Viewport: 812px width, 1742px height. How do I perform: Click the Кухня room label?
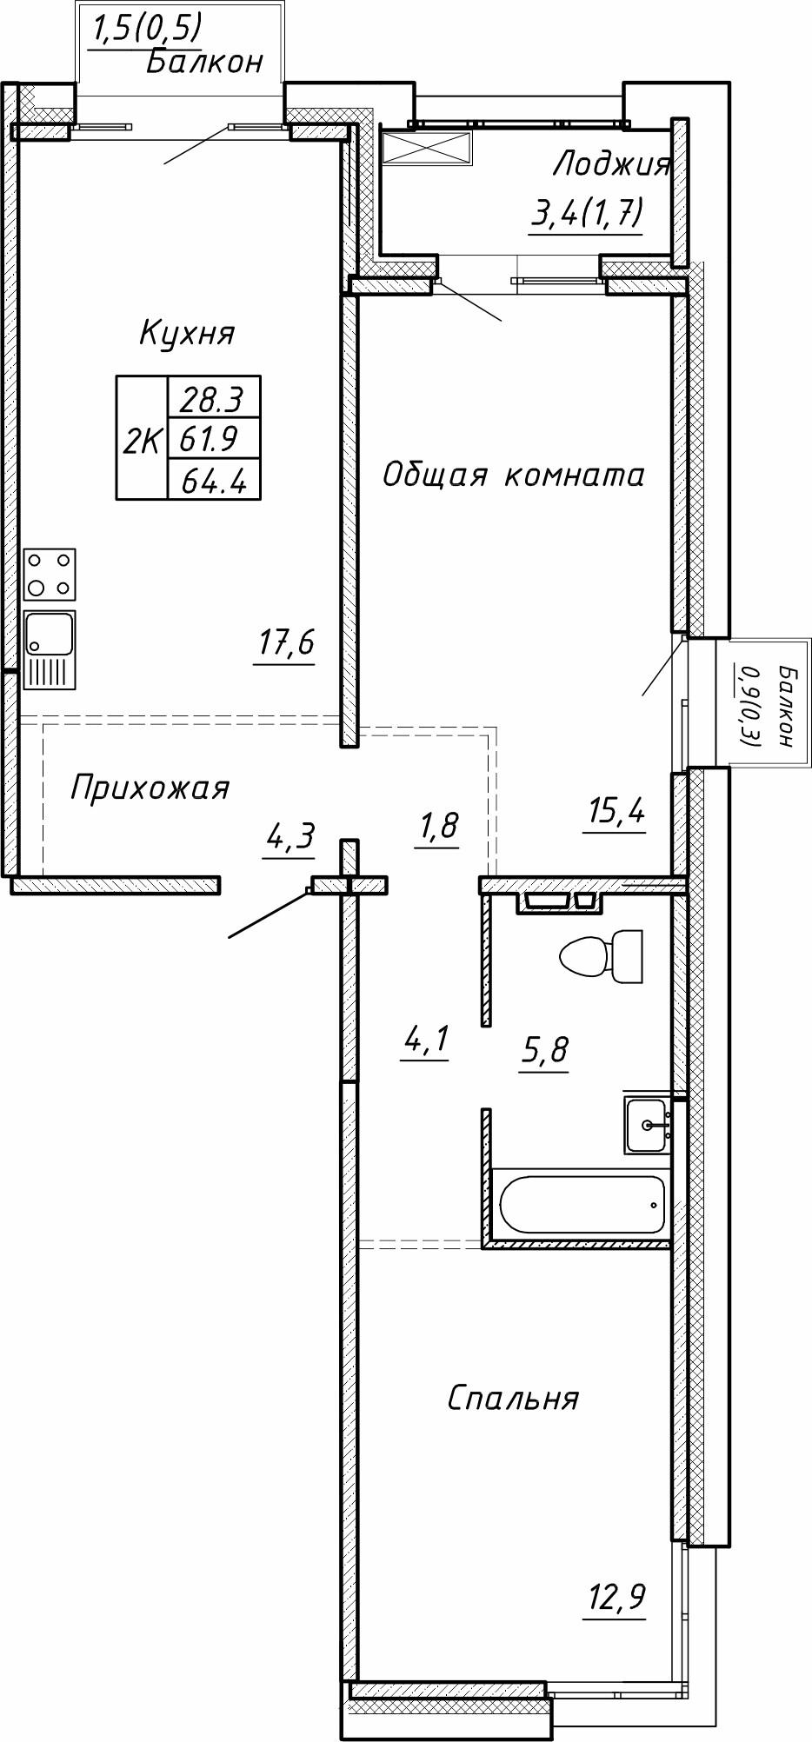187,334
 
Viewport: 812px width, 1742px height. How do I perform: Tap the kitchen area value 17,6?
284,644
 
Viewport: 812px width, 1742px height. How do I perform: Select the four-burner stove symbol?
50,575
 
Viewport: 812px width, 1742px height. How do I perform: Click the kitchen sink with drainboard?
50,648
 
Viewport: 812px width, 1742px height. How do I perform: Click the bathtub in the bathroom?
582,1204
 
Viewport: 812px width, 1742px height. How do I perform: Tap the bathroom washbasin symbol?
647,1125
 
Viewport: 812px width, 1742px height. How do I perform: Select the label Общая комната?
513,475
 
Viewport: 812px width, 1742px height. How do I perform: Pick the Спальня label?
513,1399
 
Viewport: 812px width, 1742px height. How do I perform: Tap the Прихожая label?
150,788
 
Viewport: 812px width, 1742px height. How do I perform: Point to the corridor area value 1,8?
437,826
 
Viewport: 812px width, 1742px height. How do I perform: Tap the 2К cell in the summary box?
141,442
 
